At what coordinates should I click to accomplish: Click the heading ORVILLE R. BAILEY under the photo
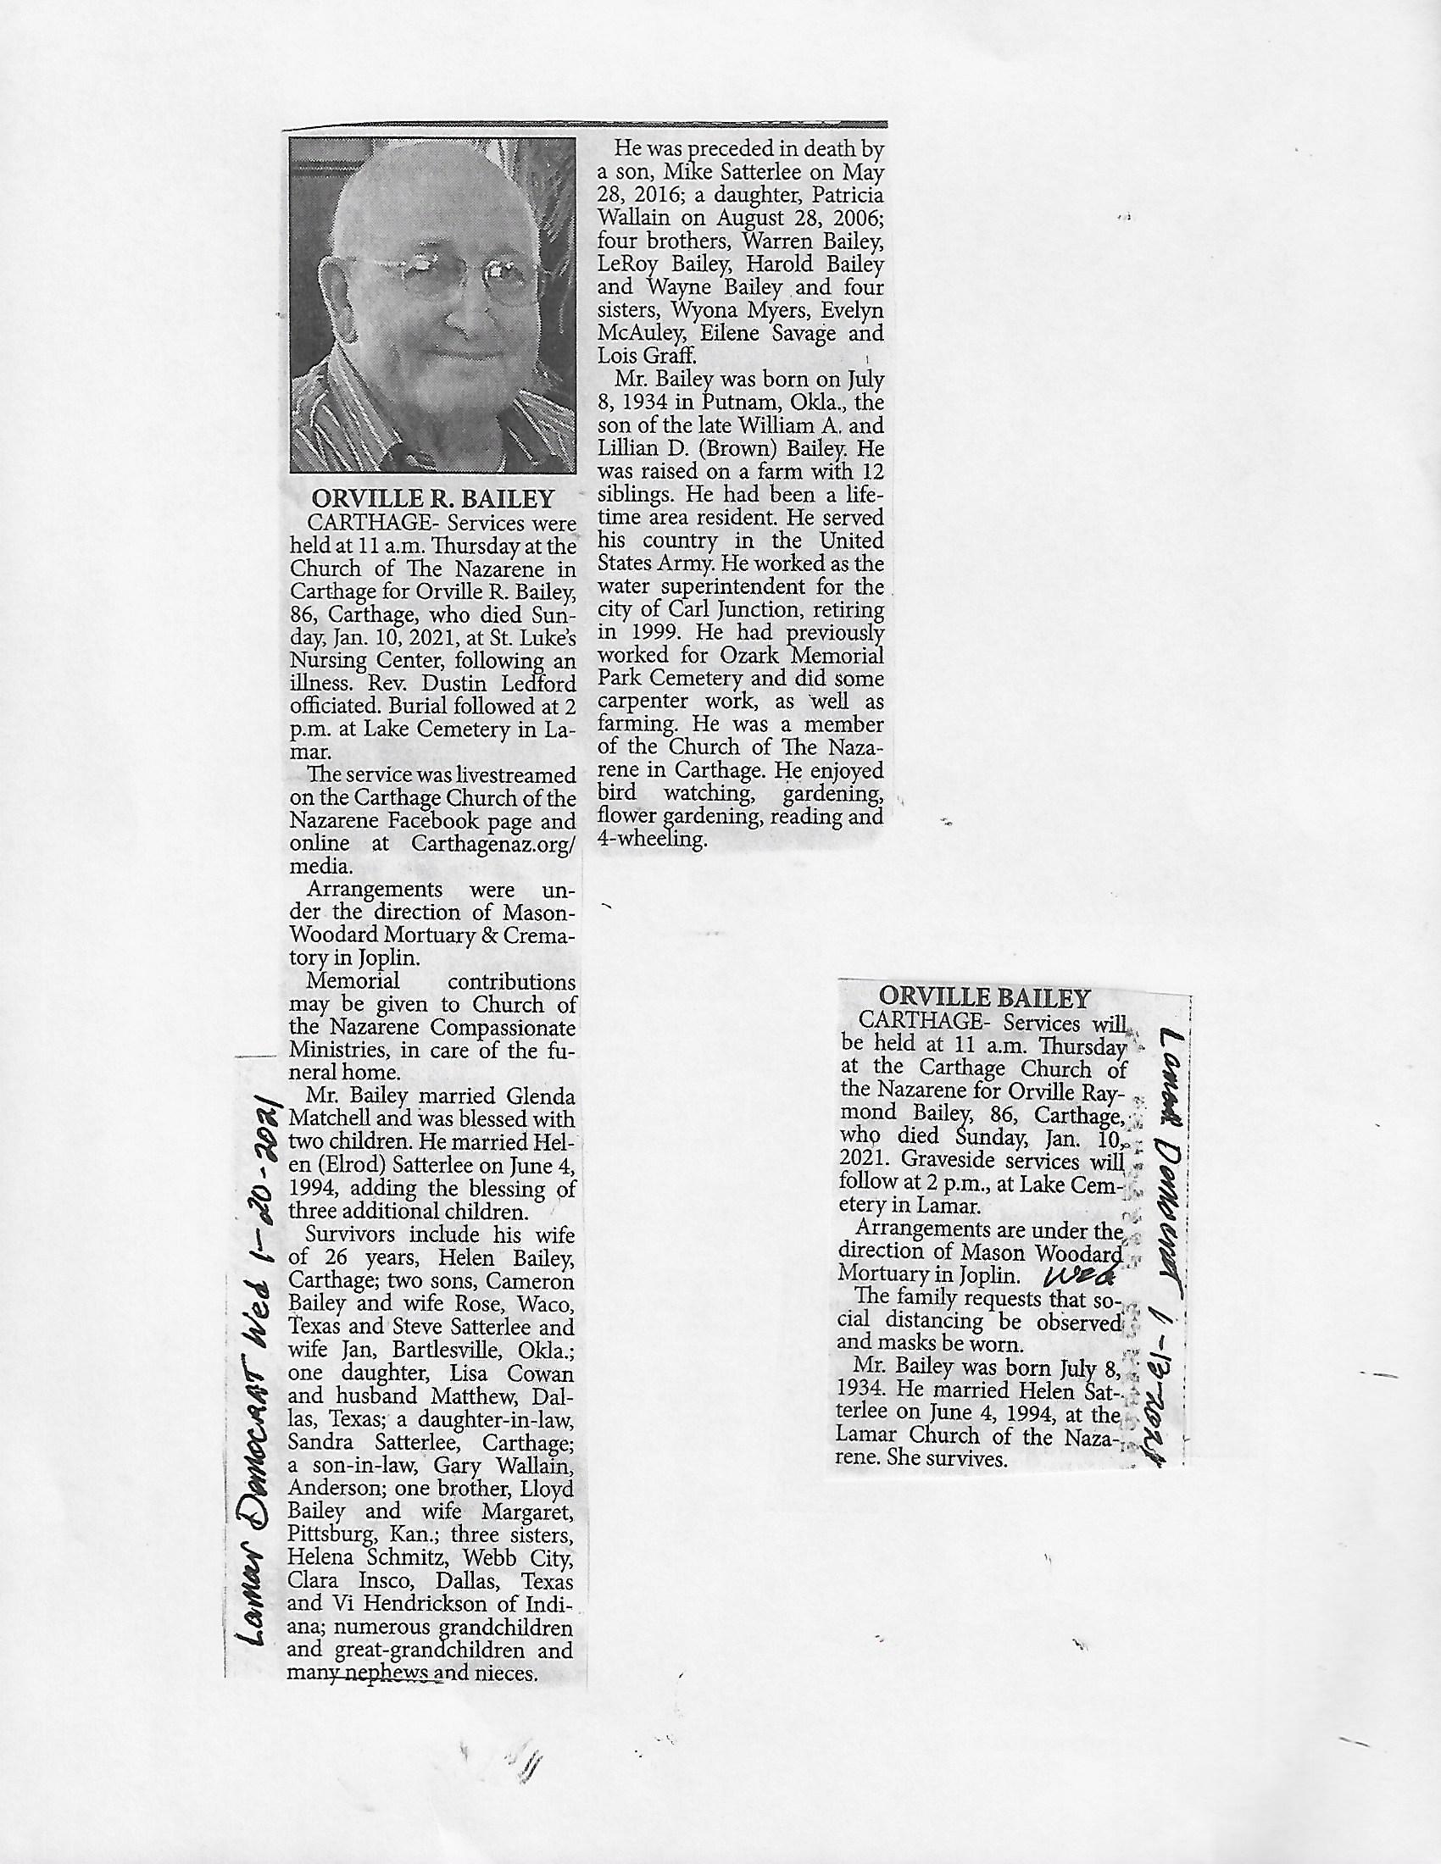(433, 497)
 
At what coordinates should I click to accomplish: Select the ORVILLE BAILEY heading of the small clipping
(984, 998)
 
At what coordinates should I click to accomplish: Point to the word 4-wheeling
(652, 840)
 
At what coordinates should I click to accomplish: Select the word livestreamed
(509, 776)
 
